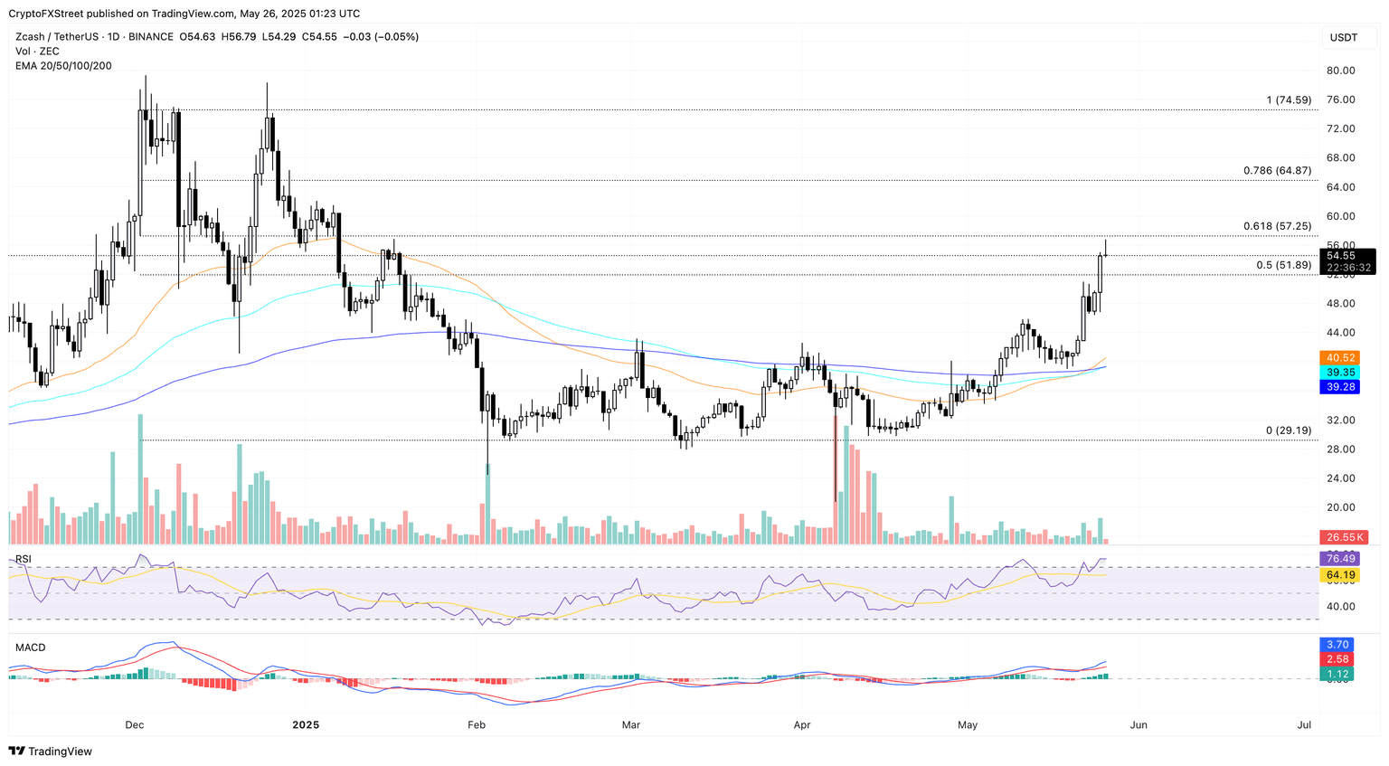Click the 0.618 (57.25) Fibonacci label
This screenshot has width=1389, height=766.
click(x=1277, y=226)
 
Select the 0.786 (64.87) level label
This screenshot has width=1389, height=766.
click(x=1277, y=170)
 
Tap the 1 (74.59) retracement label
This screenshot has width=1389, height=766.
click(x=1289, y=100)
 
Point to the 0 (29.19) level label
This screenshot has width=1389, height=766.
click(x=1288, y=430)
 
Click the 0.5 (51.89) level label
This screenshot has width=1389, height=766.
click(x=1283, y=265)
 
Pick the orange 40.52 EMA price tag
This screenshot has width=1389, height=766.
click(x=1340, y=358)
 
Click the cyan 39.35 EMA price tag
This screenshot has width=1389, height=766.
click(x=1340, y=373)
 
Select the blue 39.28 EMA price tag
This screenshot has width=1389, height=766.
click(x=1340, y=387)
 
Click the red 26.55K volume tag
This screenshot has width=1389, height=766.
click(x=1345, y=537)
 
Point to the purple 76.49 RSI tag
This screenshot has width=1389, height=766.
click(x=1340, y=559)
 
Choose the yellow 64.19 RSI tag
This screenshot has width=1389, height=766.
click(x=1340, y=575)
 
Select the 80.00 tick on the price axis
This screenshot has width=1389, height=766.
click(x=1340, y=71)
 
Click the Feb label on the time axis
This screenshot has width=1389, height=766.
click(x=476, y=725)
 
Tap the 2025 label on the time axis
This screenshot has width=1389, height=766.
click(x=307, y=725)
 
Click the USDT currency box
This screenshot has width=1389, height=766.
click(x=1344, y=37)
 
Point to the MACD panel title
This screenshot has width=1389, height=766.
click(x=30, y=648)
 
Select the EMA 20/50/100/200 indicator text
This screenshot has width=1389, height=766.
click(x=63, y=66)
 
